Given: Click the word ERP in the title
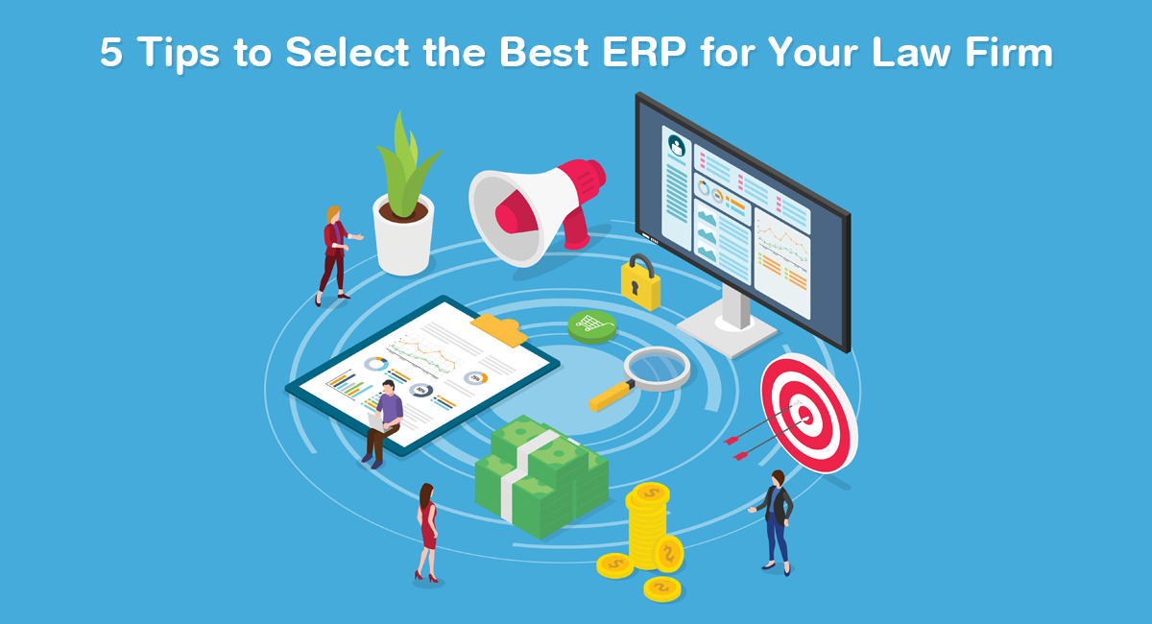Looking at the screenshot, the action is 644,52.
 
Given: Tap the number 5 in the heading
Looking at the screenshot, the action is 111,52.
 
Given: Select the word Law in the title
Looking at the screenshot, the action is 911,52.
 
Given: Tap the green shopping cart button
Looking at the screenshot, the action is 592,326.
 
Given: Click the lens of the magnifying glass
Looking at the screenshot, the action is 657,369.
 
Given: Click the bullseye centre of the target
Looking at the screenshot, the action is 805,414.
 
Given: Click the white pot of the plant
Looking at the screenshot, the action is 403,236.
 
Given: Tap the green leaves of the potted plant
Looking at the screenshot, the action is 406,164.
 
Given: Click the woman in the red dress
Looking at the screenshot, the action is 427,533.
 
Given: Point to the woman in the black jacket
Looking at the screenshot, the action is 776,521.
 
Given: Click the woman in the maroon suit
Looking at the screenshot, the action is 335,255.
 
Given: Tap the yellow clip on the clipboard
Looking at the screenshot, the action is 499,329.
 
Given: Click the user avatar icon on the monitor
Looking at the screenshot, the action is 677,146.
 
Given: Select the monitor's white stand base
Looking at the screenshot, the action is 728,332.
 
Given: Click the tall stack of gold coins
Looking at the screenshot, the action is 648,525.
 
